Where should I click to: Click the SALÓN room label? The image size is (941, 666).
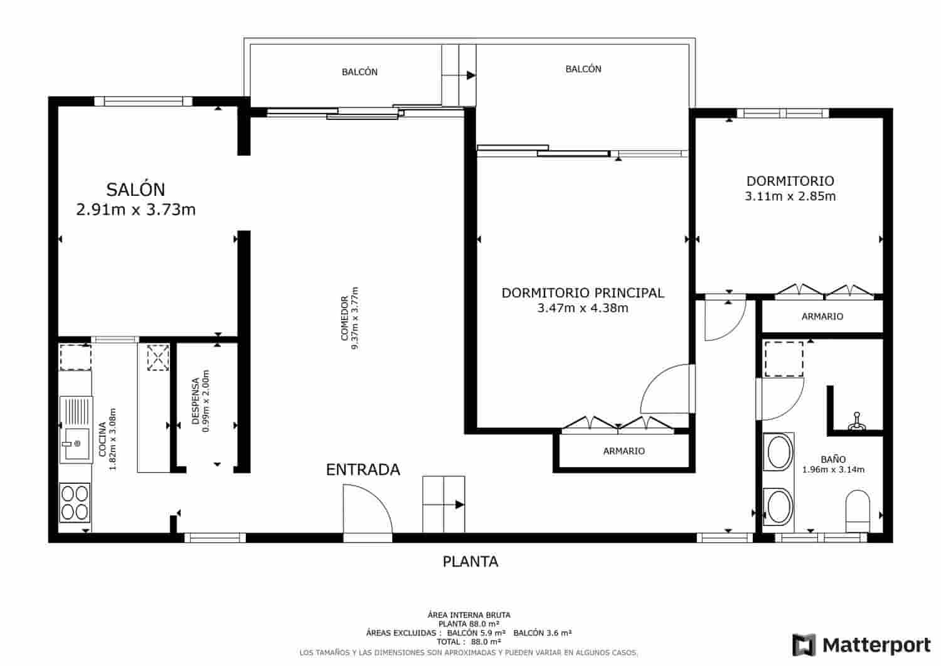(136, 189)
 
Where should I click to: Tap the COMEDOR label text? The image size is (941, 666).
(344, 318)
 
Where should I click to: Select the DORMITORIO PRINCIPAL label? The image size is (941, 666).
(582, 293)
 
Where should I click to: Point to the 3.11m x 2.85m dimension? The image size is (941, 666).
(790, 196)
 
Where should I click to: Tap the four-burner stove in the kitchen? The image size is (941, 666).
(75, 502)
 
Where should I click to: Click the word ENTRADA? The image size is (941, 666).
(363, 470)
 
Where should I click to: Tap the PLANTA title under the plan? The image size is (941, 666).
(470, 561)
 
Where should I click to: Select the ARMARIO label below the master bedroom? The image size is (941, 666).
(624, 451)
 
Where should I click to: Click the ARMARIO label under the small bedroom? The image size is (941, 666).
(822, 316)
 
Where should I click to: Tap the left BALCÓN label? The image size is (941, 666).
(359, 72)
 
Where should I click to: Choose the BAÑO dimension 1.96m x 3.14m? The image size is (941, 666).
(833, 470)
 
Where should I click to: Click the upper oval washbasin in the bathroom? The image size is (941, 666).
(779, 452)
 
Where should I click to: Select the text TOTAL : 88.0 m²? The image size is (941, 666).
(470, 642)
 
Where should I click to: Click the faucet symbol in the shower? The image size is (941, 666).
(856, 423)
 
